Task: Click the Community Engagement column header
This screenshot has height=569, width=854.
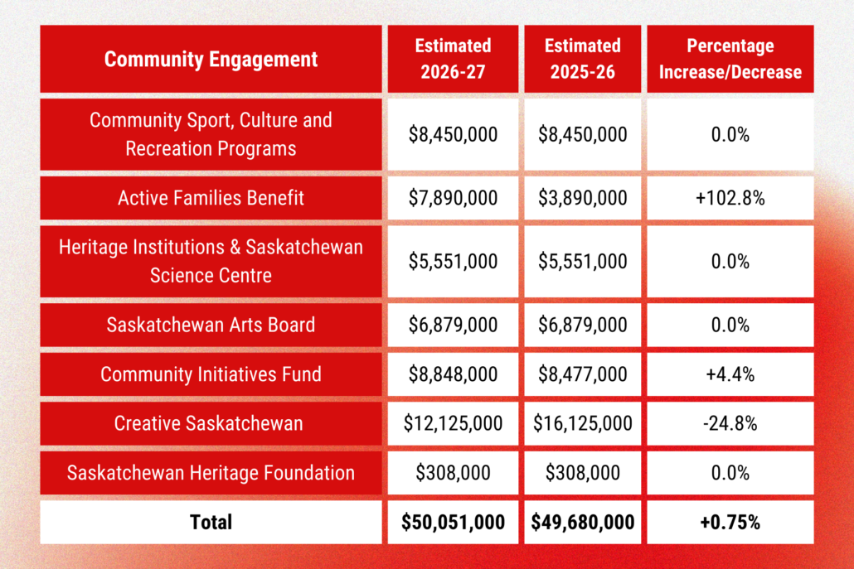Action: point(211,60)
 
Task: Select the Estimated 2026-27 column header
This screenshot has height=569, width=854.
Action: point(453,59)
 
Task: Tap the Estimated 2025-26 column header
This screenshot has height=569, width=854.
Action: point(582,59)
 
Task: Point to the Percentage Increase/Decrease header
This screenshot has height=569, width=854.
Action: point(730,59)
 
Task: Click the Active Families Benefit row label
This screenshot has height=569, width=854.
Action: point(211,198)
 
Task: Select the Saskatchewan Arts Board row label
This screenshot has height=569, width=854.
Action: point(211,325)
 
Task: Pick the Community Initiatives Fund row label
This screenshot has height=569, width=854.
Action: point(211,374)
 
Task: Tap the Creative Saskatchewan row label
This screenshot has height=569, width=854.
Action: point(211,424)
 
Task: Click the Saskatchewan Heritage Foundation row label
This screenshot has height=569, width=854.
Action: point(211,473)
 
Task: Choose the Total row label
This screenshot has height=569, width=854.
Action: point(211,522)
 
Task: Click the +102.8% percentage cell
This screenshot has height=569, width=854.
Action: point(730,198)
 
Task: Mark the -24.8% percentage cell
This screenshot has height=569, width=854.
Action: point(730,424)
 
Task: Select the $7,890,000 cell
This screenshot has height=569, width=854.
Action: point(453,198)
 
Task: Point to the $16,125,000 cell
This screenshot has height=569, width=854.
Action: point(582,424)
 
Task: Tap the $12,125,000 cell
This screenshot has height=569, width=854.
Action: point(453,424)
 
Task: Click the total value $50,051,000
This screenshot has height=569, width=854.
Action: point(453,522)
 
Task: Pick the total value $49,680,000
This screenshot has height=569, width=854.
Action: point(582,522)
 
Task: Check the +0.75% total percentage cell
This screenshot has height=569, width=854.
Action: point(730,522)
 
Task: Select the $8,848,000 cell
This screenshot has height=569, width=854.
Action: point(453,374)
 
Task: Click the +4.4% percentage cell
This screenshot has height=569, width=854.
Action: point(730,374)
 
